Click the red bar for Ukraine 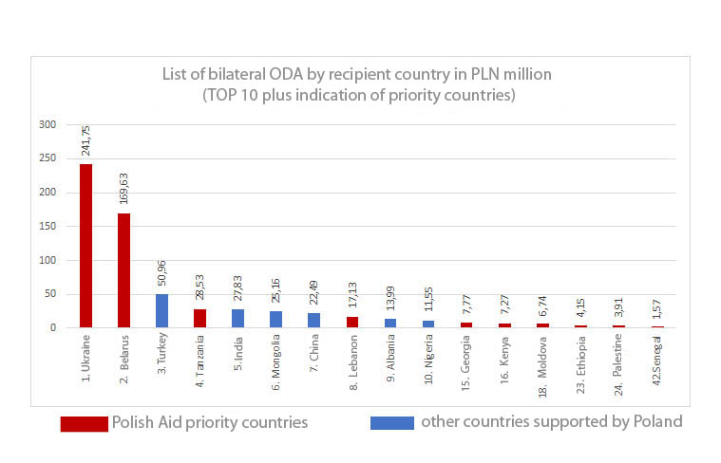(85, 246)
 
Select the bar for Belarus (123, 270)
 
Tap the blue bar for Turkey (161, 310)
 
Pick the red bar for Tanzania (199, 318)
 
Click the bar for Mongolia (275, 319)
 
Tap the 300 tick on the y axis (47, 124)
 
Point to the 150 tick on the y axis (47, 226)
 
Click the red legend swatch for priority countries (84, 422)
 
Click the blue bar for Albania (389, 323)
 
